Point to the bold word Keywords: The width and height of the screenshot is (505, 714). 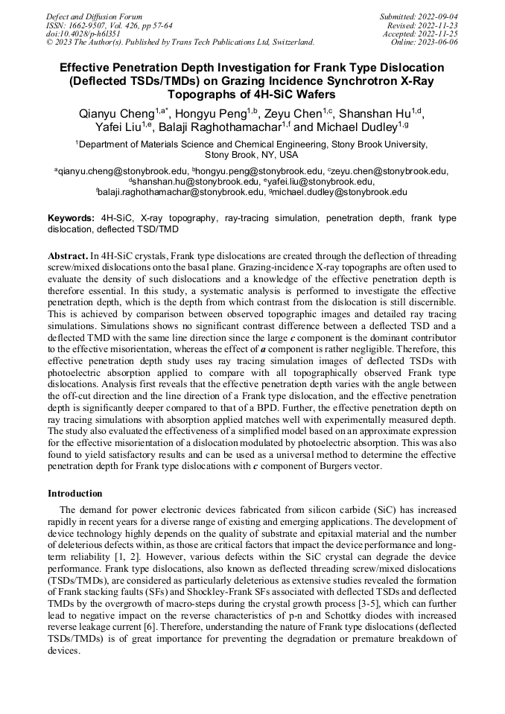coord(72,218)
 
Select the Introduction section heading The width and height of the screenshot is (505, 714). coord(75,494)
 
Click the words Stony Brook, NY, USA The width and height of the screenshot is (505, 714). coord(251,155)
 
